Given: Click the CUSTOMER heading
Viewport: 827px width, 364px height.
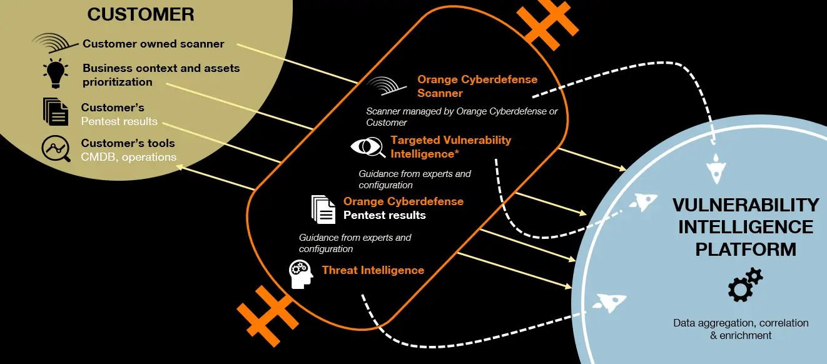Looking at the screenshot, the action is point(141,14).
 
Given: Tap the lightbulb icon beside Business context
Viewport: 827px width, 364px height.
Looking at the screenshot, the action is point(56,73).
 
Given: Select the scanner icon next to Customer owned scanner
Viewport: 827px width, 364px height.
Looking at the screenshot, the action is point(54,43).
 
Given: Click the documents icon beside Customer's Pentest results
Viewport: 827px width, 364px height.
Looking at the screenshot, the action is point(56,111).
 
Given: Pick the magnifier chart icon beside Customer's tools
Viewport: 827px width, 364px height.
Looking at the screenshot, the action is point(56,148).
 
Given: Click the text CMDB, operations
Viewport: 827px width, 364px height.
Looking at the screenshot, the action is point(128,157).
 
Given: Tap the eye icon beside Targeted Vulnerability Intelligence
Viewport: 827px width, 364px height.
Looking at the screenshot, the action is point(368,147).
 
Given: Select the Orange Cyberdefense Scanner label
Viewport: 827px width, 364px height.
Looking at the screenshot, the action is point(477,86).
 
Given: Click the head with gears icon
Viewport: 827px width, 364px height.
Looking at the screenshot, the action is point(301,274).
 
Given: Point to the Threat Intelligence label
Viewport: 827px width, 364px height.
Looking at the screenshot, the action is point(373,270).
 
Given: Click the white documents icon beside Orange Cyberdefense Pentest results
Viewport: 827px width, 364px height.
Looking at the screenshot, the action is point(323,210).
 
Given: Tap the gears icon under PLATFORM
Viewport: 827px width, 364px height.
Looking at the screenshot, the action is point(746,285).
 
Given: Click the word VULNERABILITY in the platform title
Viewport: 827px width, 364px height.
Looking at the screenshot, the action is point(746,205).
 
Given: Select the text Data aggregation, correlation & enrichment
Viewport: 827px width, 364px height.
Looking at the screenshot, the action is point(741,329).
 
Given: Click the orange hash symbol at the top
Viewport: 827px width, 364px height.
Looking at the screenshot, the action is point(547,23).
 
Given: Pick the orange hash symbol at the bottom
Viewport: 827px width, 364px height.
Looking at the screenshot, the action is point(268,316).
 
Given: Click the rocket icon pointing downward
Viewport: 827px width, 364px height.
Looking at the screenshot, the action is point(716,168).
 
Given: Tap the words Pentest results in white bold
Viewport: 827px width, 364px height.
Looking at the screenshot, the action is point(384,215).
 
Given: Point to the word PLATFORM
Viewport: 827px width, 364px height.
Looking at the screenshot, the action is point(746,250).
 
